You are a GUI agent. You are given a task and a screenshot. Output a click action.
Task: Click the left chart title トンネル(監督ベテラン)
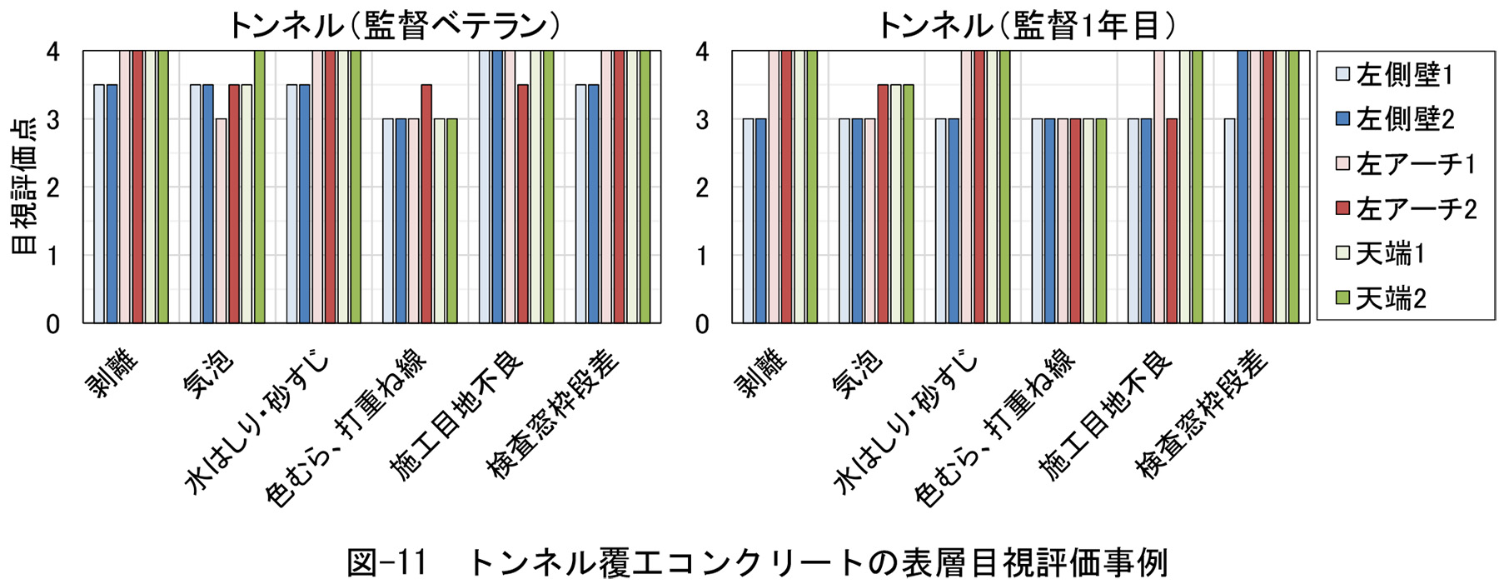coord(394,25)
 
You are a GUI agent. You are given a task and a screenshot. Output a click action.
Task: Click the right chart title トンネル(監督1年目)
coord(1027,25)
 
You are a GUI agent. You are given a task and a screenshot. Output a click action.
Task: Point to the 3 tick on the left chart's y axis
coord(53,120)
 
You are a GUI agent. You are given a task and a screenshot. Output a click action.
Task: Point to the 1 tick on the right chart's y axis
coord(702,256)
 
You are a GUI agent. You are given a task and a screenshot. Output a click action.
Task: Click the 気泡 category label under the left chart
coord(208,373)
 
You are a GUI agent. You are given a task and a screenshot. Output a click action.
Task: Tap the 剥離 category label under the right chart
coord(760,373)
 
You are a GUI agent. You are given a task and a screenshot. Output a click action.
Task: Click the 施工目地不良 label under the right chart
coord(1106,415)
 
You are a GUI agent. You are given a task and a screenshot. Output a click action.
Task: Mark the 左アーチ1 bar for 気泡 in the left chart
coord(221,221)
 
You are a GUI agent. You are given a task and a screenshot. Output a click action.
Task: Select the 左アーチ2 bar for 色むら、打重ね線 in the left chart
coord(426,204)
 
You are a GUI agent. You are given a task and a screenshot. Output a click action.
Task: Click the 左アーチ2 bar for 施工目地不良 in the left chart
coord(523,204)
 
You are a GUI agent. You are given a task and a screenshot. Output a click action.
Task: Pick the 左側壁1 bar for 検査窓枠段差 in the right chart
coord(1230,221)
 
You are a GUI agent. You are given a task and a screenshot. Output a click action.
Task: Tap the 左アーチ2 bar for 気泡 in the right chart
coord(883,204)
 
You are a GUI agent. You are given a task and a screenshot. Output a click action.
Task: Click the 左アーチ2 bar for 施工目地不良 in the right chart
coord(1172,221)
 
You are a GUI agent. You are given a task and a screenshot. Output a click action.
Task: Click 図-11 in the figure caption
coord(386,563)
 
